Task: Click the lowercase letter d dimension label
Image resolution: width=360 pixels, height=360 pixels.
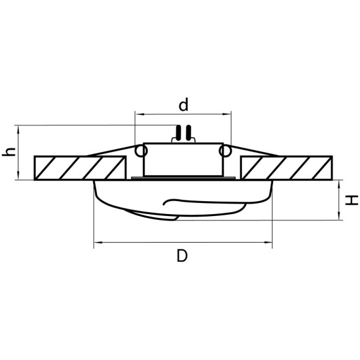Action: (183, 105)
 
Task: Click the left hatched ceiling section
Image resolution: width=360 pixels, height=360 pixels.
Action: (79, 168)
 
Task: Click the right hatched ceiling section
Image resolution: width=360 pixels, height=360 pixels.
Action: (288, 168)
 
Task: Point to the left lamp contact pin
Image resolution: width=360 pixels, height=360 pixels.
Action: (179, 133)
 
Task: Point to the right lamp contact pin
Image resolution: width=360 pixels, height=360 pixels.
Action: (187, 133)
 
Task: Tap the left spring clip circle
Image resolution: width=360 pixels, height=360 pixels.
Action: (140, 151)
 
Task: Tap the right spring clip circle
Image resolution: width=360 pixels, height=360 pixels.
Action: (226, 151)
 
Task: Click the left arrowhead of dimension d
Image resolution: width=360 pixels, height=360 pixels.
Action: (138, 114)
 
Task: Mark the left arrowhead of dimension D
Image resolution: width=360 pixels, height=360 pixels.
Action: (96, 243)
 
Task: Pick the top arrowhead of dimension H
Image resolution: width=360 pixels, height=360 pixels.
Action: (339, 184)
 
